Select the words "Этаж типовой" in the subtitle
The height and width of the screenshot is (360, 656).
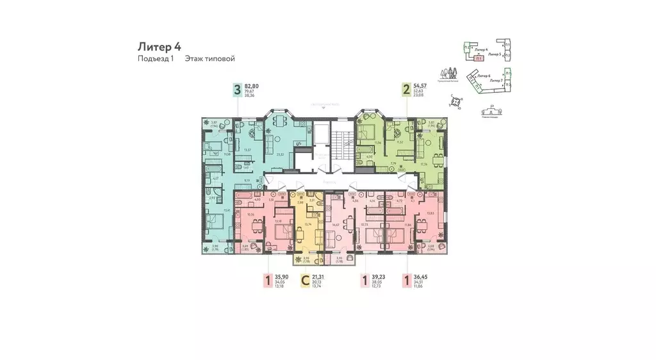[209, 59]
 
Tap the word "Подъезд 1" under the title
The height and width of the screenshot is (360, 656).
[156, 59]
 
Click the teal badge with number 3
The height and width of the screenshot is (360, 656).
[237, 90]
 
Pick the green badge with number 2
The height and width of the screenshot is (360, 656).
[406, 90]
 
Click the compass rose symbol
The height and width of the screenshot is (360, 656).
[456, 101]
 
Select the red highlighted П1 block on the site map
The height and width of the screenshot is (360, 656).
[479, 58]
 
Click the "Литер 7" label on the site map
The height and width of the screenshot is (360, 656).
[495, 81]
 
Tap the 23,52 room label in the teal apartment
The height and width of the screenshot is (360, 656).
[279, 154]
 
